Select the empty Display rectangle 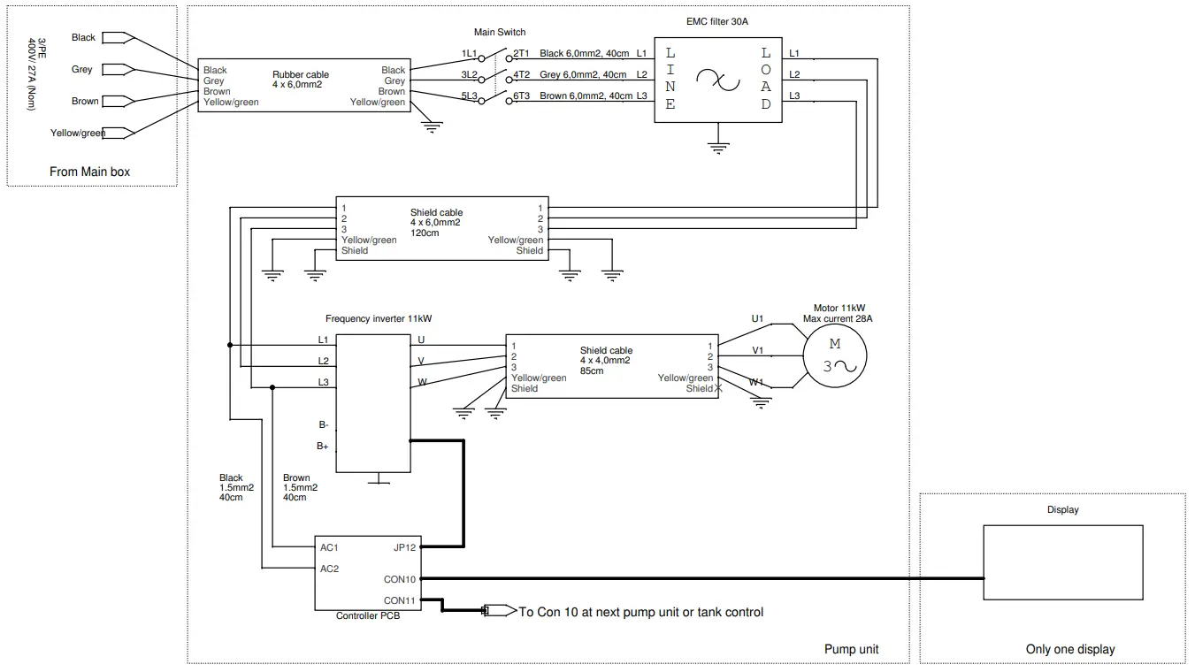(x=1063, y=562)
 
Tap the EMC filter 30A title (x=716, y=21)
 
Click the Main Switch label (x=500, y=33)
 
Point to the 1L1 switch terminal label (x=469, y=54)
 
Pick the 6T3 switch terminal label (x=521, y=96)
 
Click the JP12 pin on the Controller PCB (x=404, y=547)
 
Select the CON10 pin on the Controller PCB (x=400, y=579)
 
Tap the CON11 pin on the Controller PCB (x=400, y=600)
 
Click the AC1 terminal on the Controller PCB (x=329, y=547)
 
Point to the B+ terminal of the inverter (x=323, y=447)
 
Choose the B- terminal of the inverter (x=324, y=424)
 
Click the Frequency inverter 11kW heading (x=379, y=319)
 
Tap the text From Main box (x=89, y=172)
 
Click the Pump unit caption (x=851, y=649)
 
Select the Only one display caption (x=1069, y=649)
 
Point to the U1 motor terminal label (x=757, y=318)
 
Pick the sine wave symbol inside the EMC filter (x=716, y=80)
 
